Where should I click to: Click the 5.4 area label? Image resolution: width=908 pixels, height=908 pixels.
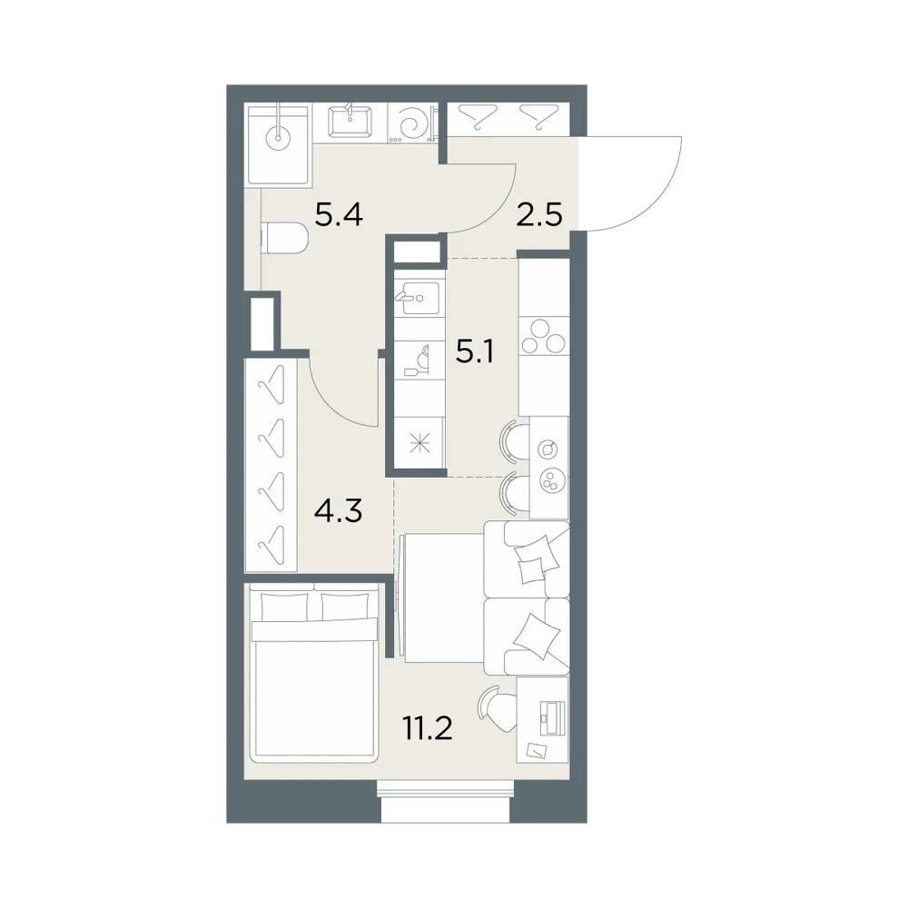click(x=339, y=215)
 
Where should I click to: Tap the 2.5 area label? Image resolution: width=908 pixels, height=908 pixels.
click(x=538, y=215)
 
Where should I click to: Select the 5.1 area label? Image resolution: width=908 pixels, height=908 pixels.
click(x=474, y=351)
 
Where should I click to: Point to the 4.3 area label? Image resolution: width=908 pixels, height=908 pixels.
click(x=338, y=511)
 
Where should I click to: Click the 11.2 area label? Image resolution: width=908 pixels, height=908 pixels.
click(x=428, y=728)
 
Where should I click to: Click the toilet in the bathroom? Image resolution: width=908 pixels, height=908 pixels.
click(x=285, y=239)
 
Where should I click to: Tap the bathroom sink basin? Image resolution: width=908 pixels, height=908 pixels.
click(x=350, y=123)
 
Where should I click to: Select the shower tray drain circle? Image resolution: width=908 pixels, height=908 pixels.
click(x=278, y=138)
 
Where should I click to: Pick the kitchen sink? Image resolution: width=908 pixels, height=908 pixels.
click(x=418, y=298)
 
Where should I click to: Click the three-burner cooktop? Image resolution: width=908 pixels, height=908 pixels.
click(x=543, y=337)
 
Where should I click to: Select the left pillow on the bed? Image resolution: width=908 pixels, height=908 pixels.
click(x=285, y=607)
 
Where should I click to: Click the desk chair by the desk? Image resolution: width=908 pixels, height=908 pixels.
click(x=498, y=709)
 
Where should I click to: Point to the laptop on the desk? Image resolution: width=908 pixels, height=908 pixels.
click(x=551, y=717)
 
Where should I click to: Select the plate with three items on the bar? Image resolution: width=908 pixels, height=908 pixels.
click(x=549, y=480)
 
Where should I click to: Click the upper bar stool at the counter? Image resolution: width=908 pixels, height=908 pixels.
click(x=513, y=442)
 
